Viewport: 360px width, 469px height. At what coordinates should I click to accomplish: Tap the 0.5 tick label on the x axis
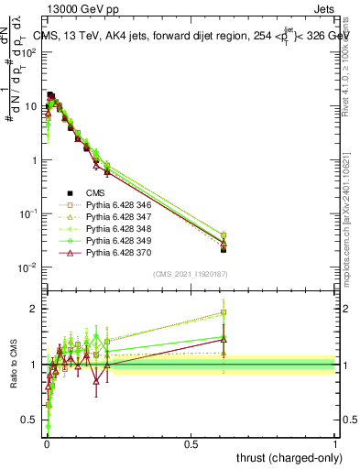[191, 442]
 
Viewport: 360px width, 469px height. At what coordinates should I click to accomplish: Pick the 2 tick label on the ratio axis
[34, 309]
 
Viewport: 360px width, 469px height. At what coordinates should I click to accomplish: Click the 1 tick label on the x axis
[335, 442]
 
